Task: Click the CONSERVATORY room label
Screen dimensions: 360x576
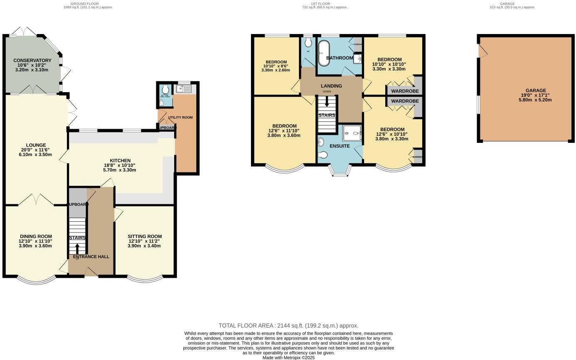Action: (32, 61)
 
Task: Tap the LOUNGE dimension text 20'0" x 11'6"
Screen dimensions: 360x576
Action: (35, 150)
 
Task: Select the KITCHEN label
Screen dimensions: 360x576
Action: (120, 161)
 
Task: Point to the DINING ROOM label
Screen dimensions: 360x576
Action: (35, 236)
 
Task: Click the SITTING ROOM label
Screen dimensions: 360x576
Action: (145, 236)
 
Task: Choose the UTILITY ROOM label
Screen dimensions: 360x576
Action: (180, 118)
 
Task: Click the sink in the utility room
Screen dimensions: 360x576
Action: (183, 88)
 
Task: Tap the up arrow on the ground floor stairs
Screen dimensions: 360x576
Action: (77, 249)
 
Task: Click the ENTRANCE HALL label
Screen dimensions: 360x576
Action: (91, 257)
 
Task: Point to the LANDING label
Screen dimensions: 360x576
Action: (331, 86)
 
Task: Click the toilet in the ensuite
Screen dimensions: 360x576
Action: (322, 155)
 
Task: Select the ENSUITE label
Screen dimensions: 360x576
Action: (340, 146)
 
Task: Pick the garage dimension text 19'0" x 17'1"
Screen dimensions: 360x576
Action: (535, 95)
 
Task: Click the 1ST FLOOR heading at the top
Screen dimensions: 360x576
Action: (320, 4)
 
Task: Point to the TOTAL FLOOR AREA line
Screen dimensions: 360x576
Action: (288, 326)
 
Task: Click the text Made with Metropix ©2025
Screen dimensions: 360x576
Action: (288, 358)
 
